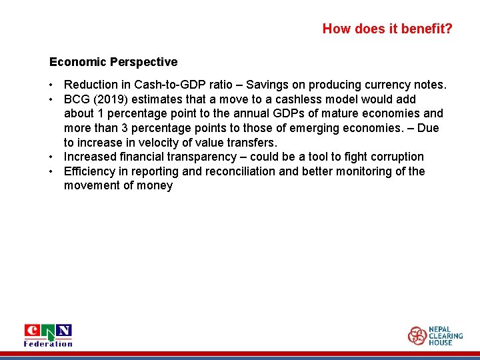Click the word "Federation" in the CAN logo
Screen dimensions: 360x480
tap(48, 343)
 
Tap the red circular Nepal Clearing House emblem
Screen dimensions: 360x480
tap(417, 335)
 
